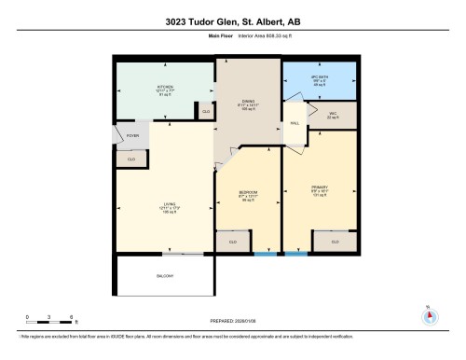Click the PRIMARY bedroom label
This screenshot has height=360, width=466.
[319, 187]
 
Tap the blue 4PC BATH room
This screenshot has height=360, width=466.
[319, 81]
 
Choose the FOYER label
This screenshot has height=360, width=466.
[132, 136]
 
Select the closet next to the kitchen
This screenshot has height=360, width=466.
[206, 112]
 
